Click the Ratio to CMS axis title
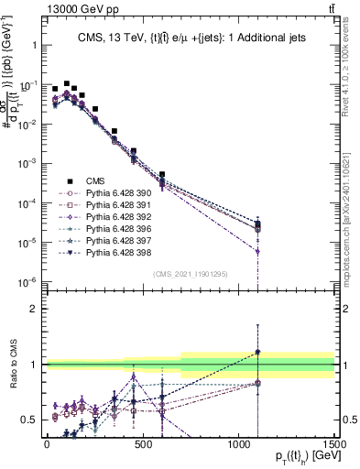(12, 365)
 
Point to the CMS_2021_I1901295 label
(191, 273)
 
